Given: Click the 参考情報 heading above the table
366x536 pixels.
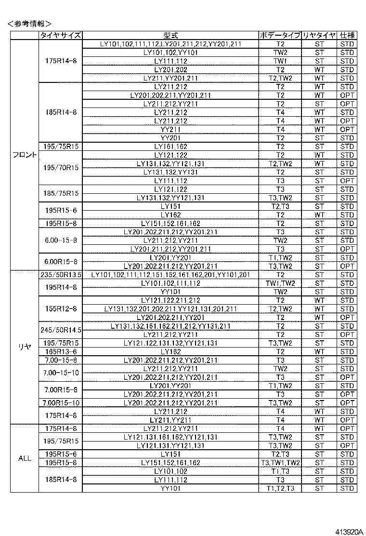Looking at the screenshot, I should (x=29, y=23).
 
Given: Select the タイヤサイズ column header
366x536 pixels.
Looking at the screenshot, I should (x=61, y=36).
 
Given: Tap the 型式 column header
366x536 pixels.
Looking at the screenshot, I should (x=170, y=36).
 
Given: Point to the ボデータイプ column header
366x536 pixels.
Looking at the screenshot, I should (x=280, y=36).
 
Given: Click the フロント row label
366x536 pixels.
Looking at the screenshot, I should (x=25, y=155).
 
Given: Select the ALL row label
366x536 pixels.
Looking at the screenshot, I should (x=25, y=458).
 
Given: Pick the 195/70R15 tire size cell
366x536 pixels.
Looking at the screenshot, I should (x=61, y=168).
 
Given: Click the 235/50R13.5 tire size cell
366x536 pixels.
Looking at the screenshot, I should (x=61, y=275).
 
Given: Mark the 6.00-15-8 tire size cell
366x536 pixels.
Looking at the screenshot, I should (x=61, y=241).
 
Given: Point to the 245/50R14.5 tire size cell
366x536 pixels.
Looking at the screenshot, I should (x=61, y=330).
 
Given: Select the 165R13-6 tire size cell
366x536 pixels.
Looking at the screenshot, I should (x=61, y=351).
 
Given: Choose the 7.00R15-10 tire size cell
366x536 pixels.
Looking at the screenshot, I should (x=61, y=402).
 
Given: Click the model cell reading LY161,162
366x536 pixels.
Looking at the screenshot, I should (x=170, y=147).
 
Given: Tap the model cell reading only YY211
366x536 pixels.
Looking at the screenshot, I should (x=170, y=129).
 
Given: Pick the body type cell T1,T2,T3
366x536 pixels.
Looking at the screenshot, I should (x=280, y=489).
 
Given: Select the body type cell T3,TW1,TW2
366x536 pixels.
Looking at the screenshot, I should (x=280, y=463).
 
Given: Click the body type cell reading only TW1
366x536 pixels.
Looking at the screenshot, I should (x=280, y=61).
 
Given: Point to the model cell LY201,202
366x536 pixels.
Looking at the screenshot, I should (x=170, y=69).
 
